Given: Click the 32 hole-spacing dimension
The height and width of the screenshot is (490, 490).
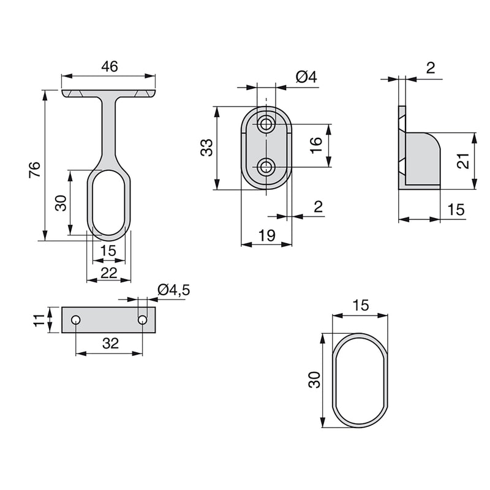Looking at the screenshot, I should point(110,344).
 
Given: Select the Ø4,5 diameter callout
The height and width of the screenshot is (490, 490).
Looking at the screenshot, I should point(173,290).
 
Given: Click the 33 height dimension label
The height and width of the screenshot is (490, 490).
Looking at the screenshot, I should point(208,148).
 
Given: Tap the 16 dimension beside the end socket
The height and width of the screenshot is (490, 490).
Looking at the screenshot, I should point(315,145).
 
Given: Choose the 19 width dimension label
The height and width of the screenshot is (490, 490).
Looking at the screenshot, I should point(265,235).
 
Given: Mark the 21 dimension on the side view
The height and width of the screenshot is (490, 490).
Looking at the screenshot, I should point(463,161).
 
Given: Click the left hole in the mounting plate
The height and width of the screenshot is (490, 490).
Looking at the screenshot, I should point(75,320).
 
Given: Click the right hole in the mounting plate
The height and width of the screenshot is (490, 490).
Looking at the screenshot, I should point(143,320).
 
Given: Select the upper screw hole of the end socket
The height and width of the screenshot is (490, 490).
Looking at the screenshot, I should point(266,124).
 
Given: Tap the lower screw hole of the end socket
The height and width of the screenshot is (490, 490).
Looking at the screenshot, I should point(266,167).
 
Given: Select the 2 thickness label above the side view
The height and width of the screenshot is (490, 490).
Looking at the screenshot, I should point(431,68).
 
